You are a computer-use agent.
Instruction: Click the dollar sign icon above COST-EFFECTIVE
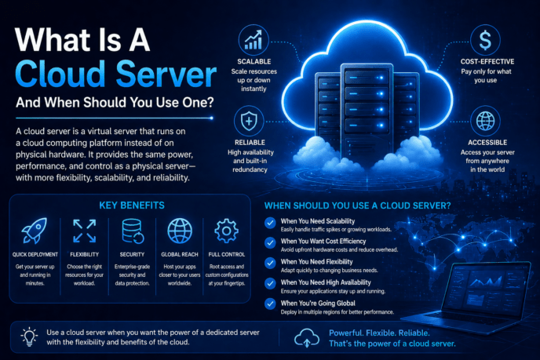485,40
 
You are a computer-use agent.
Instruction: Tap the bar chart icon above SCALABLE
254,40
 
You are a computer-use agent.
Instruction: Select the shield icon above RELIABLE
249,121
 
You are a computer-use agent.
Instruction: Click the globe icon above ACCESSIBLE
485,121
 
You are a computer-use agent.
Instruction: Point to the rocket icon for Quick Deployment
35,231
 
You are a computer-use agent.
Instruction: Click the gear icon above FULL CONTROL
226,231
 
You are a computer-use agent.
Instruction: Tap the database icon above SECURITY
133,231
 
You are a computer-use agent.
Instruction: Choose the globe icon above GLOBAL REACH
180,231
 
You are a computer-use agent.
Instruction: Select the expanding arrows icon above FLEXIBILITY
85,231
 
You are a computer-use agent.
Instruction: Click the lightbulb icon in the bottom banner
29,336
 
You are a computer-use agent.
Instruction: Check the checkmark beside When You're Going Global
270,304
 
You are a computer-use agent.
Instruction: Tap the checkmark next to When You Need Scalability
270,223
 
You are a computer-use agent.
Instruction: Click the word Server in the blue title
166,74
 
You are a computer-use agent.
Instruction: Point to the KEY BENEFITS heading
132,205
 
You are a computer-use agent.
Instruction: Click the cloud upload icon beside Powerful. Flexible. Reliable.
307,337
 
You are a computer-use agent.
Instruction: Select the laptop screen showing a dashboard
487,289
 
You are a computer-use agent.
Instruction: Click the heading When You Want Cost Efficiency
323,242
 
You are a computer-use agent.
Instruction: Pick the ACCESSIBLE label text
487,143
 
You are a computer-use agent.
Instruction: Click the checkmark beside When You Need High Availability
270,283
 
